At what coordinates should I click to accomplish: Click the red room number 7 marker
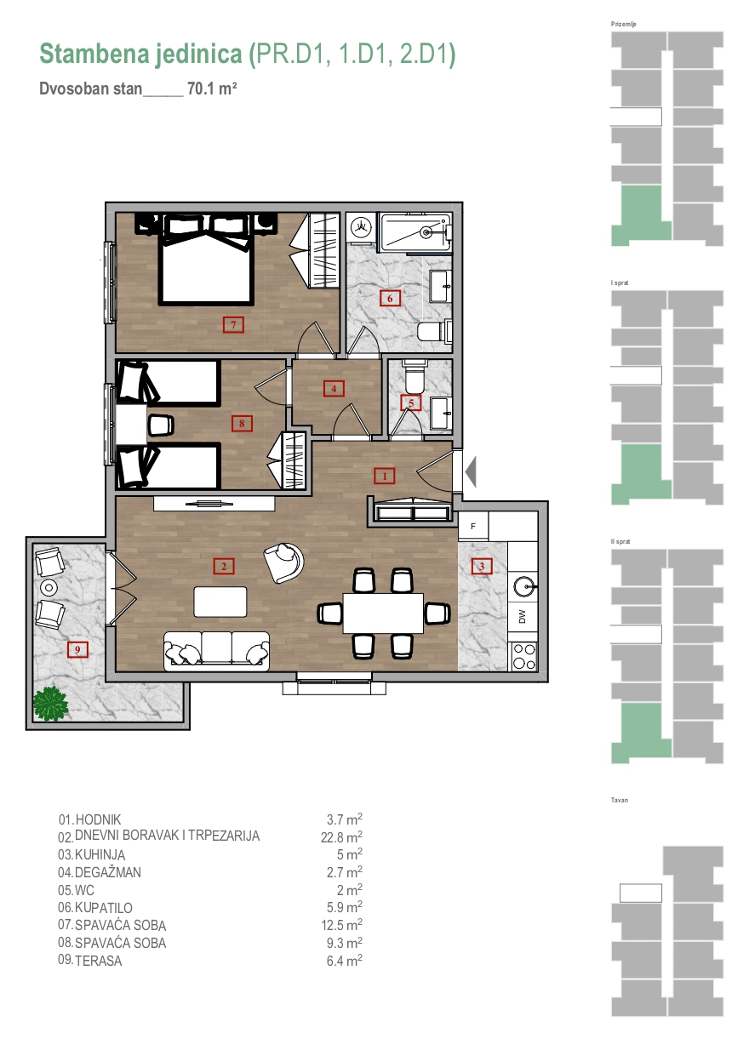click(x=233, y=325)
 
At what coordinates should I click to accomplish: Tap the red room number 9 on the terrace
click(x=77, y=650)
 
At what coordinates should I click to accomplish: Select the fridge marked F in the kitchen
click(x=473, y=526)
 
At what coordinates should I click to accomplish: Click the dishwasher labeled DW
click(x=522, y=616)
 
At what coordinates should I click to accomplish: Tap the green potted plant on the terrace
click(x=50, y=704)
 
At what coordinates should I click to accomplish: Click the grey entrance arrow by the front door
click(x=470, y=471)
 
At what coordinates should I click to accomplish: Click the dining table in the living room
click(x=383, y=614)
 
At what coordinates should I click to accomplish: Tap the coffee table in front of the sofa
click(x=220, y=602)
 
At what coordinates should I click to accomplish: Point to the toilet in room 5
click(x=415, y=376)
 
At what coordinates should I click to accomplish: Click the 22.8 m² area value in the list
click(x=341, y=836)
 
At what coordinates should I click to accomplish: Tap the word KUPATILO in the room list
click(x=103, y=907)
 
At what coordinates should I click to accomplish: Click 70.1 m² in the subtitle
click(x=212, y=88)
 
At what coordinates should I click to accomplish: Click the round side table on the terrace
click(x=49, y=587)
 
